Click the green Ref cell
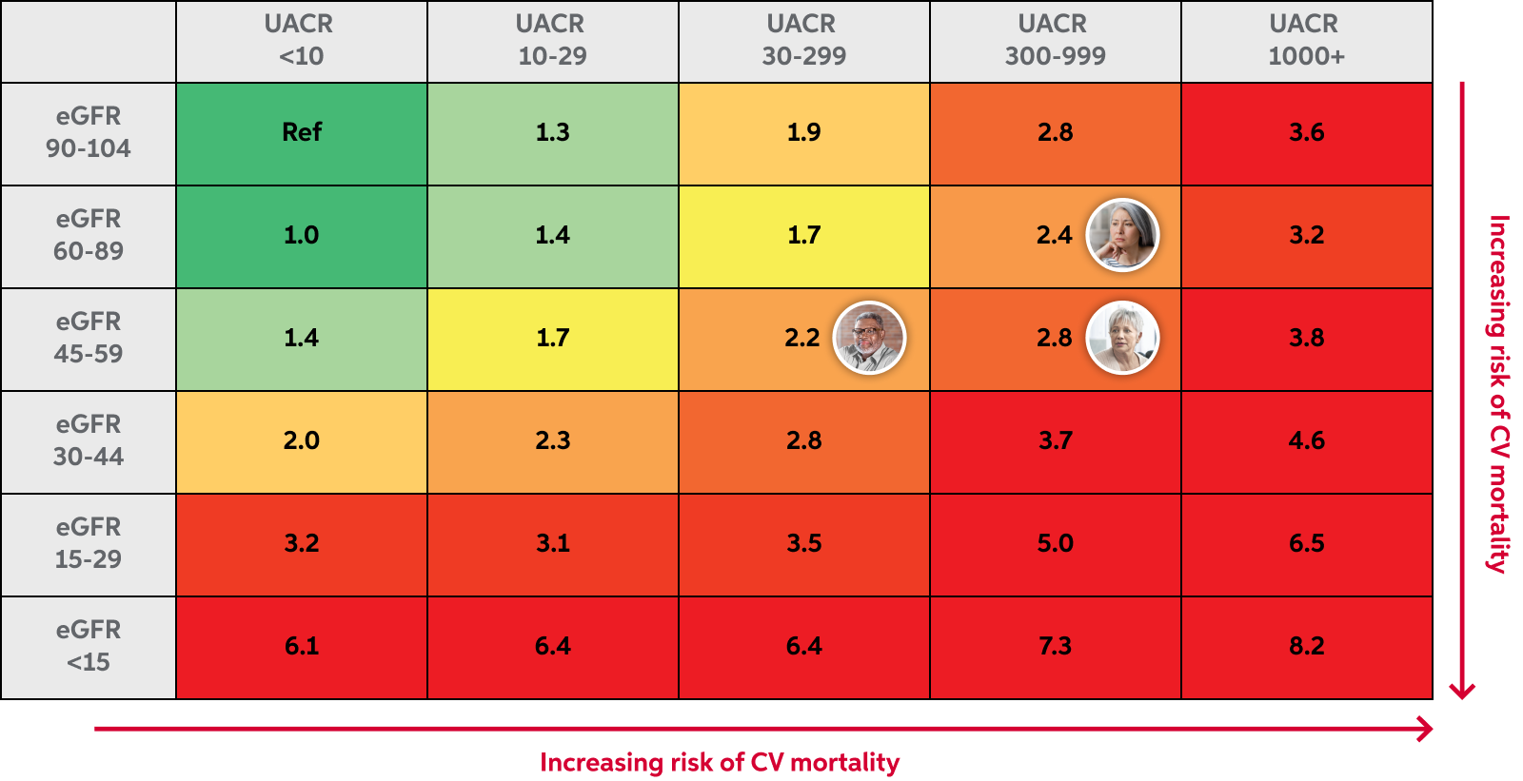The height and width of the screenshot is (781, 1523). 302,133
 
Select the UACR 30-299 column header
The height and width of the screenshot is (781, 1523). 803,40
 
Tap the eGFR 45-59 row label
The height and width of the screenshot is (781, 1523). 89,338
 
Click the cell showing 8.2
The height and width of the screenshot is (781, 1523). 1306,647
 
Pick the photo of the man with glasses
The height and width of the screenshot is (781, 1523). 869,338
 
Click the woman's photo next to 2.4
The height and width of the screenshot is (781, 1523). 1122,235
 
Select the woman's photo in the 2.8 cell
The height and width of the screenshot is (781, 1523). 1122,338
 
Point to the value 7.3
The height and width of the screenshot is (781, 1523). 1055,647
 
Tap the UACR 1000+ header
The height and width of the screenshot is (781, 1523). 1306,40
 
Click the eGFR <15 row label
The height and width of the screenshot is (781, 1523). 89,646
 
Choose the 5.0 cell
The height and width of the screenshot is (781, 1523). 1055,543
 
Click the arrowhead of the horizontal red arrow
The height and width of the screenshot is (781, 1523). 1426,730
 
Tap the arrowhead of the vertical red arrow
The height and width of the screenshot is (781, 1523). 1462,691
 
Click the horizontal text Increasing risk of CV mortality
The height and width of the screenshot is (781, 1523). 720,763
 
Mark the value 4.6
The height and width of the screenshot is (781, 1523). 1306,440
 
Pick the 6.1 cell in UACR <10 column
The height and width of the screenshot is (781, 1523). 302,647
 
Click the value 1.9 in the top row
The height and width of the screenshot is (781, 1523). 803,132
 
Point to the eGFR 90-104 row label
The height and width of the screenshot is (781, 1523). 89,132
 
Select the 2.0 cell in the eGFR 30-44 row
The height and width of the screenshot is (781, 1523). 302,440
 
